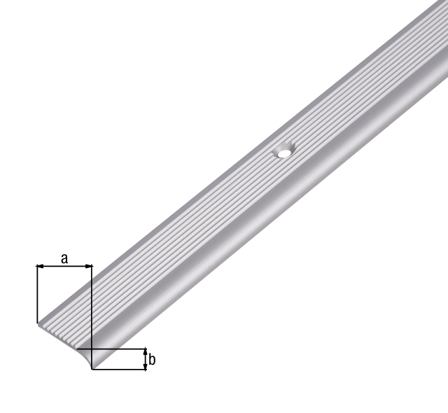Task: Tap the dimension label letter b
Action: pyautogui.click(x=152, y=360)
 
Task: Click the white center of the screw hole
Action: pyautogui.click(x=283, y=150)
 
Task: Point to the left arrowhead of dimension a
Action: pyautogui.click(x=40, y=267)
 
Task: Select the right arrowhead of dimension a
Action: pyautogui.click(x=88, y=267)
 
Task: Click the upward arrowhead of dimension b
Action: pyautogui.click(x=145, y=351)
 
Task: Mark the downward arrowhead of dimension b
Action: pyautogui.click(x=145, y=367)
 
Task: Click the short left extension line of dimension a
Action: pyautogui.click(x=36, y=294)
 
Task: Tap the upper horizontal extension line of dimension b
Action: pyautogui.click(x=119, y=349)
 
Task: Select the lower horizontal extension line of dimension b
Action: pyautogui.click(x=119, y=370)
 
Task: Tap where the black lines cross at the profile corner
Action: pyautogui.click(x=92, y=349)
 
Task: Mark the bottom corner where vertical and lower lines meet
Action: pyautogui.click(x=92, y=370)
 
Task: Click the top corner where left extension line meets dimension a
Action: pyautogui.click(x=36, y=267)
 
